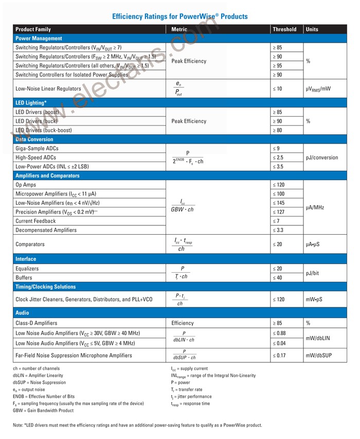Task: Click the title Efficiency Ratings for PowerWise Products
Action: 179,16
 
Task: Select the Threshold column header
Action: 284,29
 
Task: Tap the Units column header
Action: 312,29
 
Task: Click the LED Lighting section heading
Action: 31,103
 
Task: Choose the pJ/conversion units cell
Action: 322,157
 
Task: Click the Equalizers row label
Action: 27,269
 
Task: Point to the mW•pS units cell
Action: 316,299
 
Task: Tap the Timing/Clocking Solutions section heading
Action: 45,287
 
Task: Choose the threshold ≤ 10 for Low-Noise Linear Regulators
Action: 278,89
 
